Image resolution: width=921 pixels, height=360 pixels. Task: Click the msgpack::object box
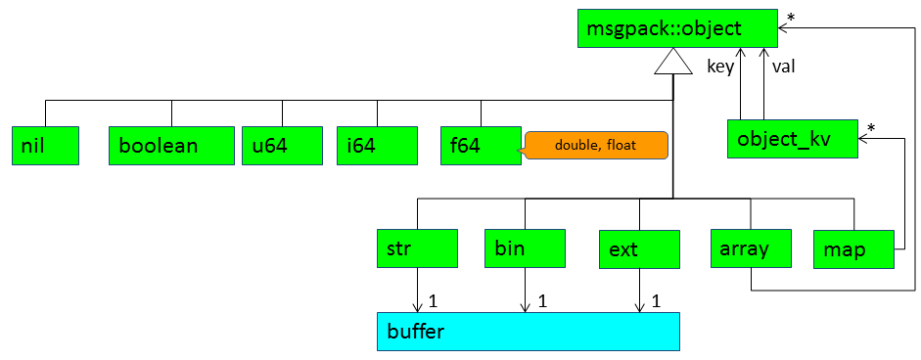click(676, 28)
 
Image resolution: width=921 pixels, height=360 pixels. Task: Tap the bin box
click(526, 248)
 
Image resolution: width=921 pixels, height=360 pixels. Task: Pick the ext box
click(639, 249)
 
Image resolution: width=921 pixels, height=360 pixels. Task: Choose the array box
click(751, 248)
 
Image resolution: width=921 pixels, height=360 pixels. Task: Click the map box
click(854, 249)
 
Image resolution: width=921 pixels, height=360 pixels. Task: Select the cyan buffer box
click(527, 332)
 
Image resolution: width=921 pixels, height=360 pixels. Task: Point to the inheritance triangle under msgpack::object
click(673, 65)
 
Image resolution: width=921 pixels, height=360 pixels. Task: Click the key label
click(720, 67)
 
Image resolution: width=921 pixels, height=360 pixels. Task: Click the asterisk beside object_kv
click(871, 127)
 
